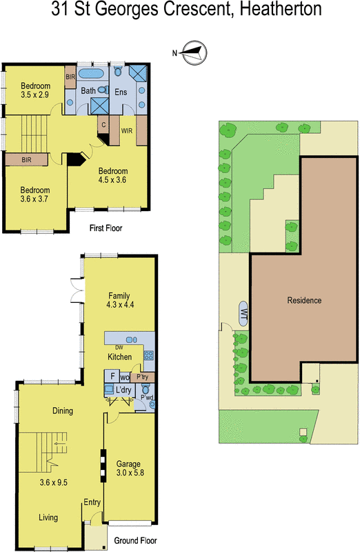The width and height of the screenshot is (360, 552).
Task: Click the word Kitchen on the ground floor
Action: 119,357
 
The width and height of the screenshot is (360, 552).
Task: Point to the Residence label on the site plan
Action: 304,300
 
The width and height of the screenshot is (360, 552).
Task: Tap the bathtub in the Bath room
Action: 90,74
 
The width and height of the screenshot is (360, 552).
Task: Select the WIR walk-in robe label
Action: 126,128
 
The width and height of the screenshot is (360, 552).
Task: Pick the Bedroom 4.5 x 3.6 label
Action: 113,175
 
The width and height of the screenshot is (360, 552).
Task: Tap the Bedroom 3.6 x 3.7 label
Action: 34,195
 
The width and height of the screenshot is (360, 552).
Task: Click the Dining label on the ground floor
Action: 63,411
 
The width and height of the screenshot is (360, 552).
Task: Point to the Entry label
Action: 92,502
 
